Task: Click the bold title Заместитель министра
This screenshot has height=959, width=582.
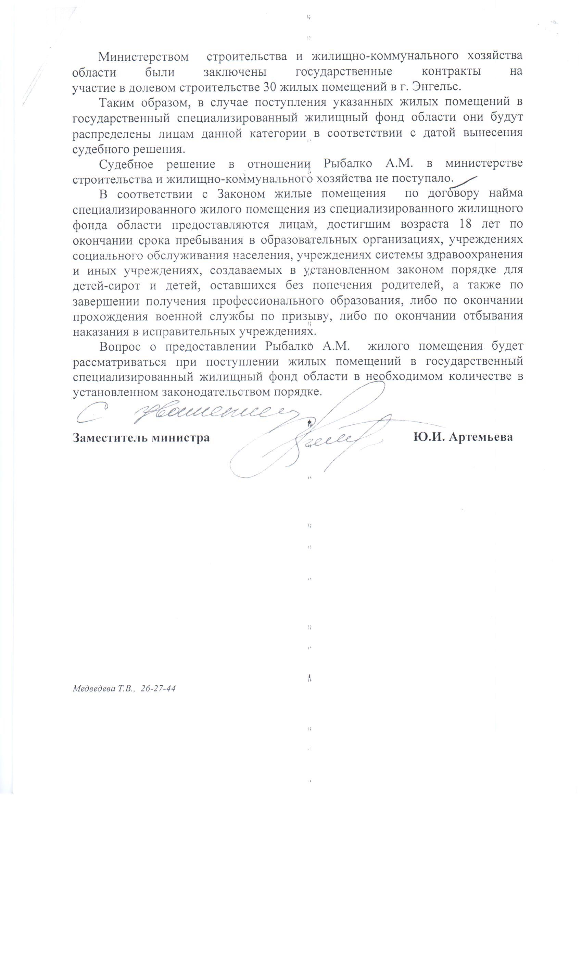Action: click(141, 437)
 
